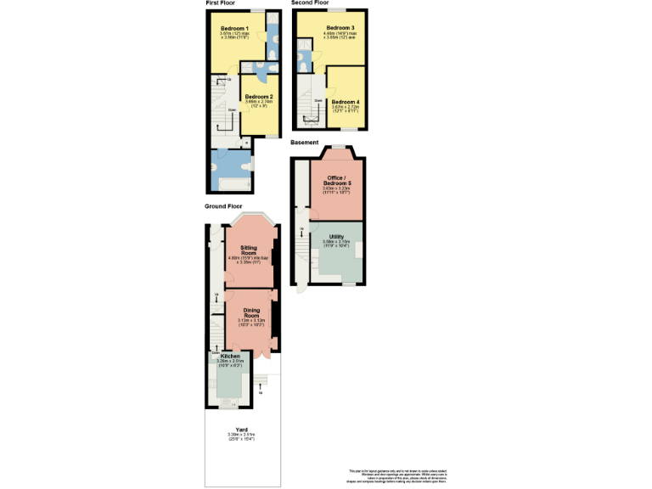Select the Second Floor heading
tap(310, 3)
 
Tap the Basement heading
tap(305, 142)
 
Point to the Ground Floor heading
tap(223, 206)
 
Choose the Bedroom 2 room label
tap(259, 97)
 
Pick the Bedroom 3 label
tap(340, 28)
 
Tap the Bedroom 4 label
tap(346, 102)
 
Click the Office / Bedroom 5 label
tap(337, 181)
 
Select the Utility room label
tap(336, 236)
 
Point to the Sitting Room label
tap(249, 250)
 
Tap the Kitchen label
tap(230, 356)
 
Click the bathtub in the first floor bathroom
tap(231, 182)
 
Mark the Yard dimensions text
tap(243, 438)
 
